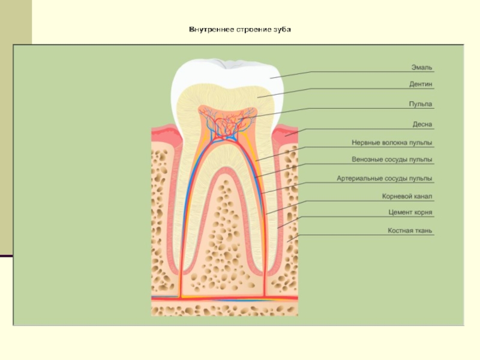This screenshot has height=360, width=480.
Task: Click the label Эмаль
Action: click(422, 67)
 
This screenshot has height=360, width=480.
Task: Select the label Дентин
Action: click(421, 85)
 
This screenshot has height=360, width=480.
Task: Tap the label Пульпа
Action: click(421, 104)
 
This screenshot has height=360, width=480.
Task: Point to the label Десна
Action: click(422, 124)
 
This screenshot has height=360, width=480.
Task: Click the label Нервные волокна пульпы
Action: click(392, 143)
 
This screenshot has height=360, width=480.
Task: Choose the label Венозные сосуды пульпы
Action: click(392, 160)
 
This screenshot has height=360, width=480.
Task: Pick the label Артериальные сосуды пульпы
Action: click(385, 178)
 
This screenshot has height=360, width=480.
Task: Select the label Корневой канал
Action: click(407, 196)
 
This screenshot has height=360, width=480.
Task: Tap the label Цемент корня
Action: click(410, 212)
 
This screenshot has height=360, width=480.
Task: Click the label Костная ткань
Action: click(410, 230)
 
